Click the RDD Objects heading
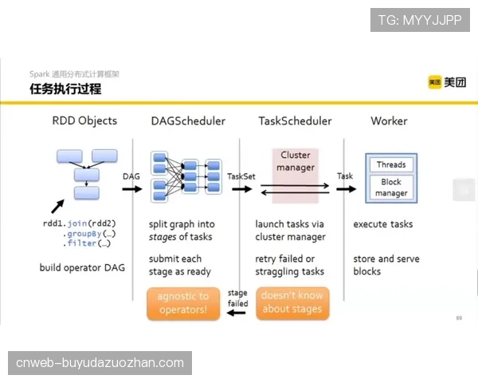(x=84, y=121)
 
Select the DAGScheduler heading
(x=188, y=121)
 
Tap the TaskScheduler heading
(x=295, y=121)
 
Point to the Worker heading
(x=389, y=121)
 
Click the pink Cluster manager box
(x=296, y=161)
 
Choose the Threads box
(x=391, y=164)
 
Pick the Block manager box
(x=391, y=188)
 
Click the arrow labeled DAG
(x=132, y=189)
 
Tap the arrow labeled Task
(x=345, y=189)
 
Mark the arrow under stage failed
(x=237, y=313)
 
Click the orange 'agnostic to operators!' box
(x=182, y=303)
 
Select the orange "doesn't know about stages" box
(x=293, y=303)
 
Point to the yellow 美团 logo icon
(x=434, y=82)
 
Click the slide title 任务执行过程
(x=65, y=89)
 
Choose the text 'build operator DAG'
(x=81, y=267)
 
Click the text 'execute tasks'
(x=383, y=224)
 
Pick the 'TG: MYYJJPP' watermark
(x=420, y=20)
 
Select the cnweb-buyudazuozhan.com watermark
(x=100, y=363)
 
